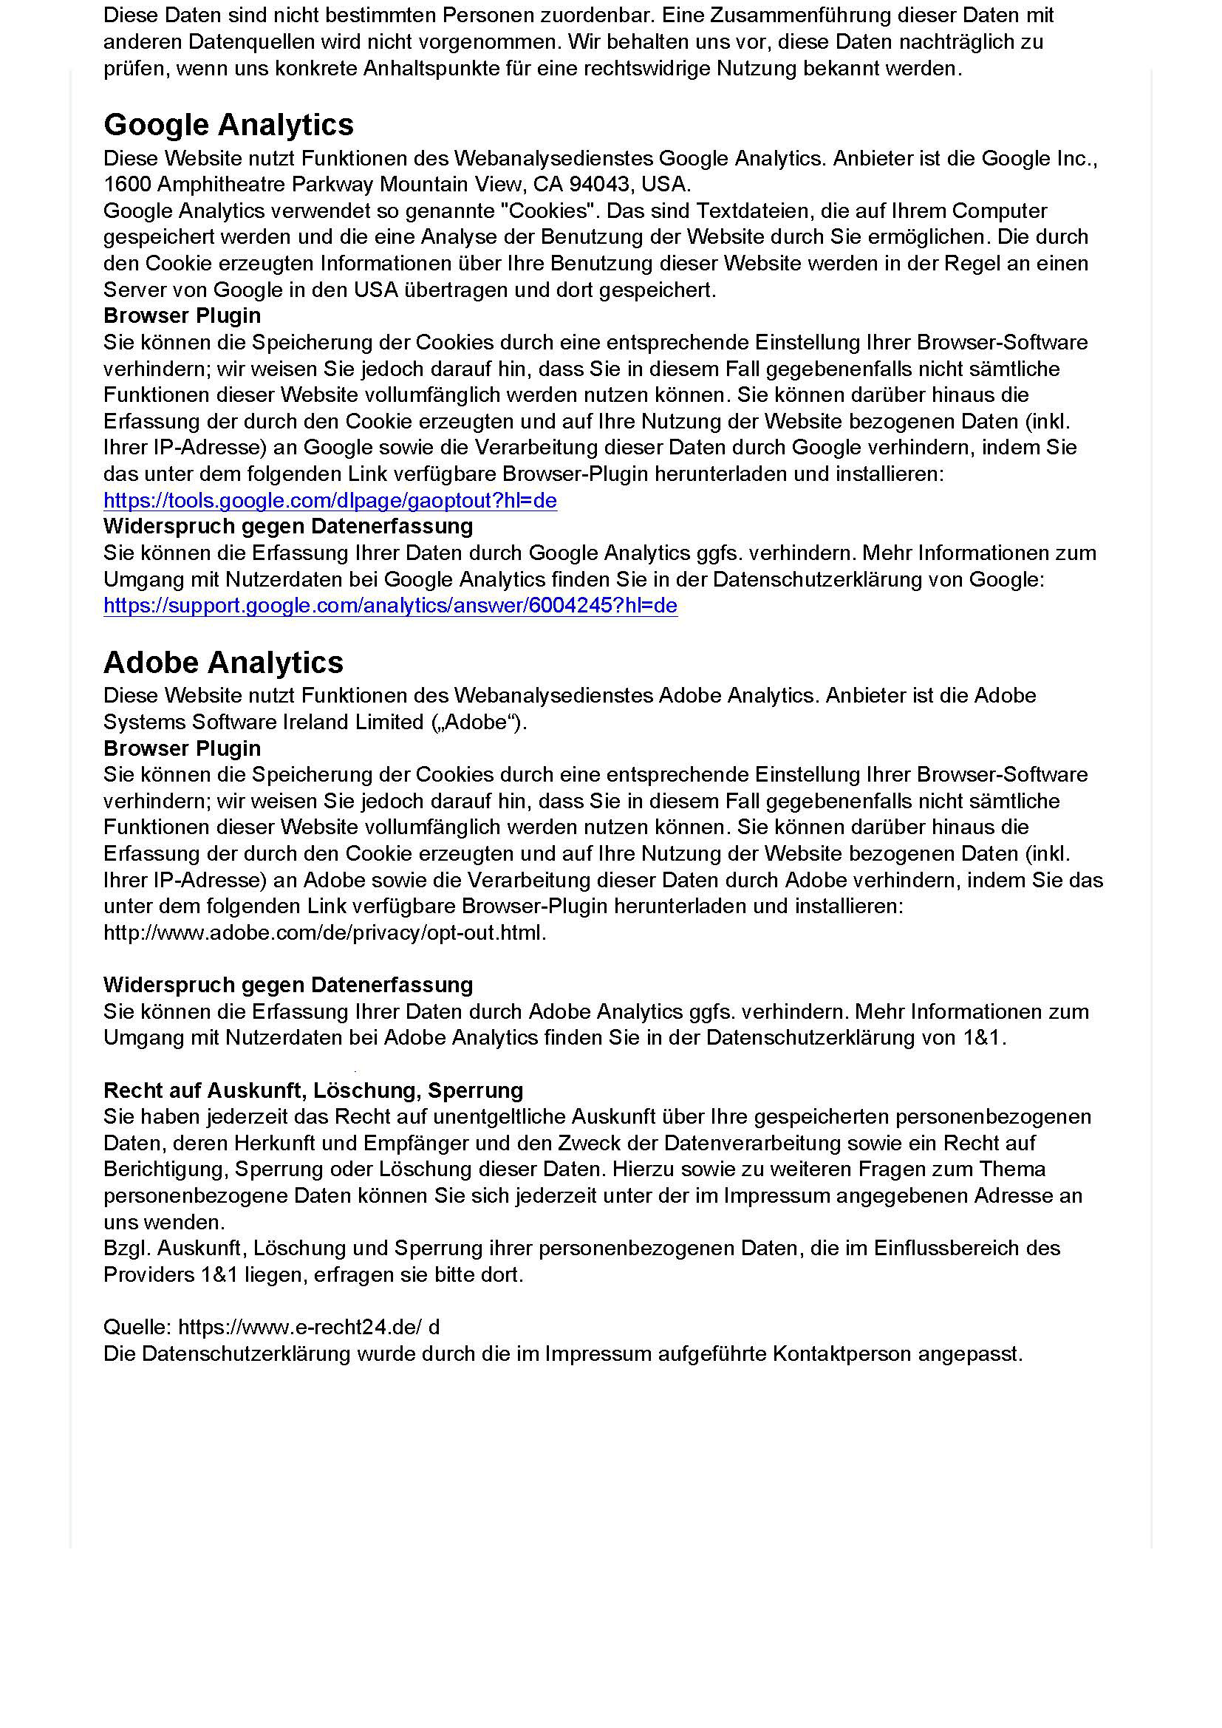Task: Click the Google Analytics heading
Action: [228, 125]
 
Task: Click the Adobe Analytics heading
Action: [222, 662]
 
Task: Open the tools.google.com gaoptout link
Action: [330, 500]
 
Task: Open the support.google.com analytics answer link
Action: [390, 606]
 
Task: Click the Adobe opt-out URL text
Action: [324, 932]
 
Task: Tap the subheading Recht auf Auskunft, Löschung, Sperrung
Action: [313, 1090]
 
